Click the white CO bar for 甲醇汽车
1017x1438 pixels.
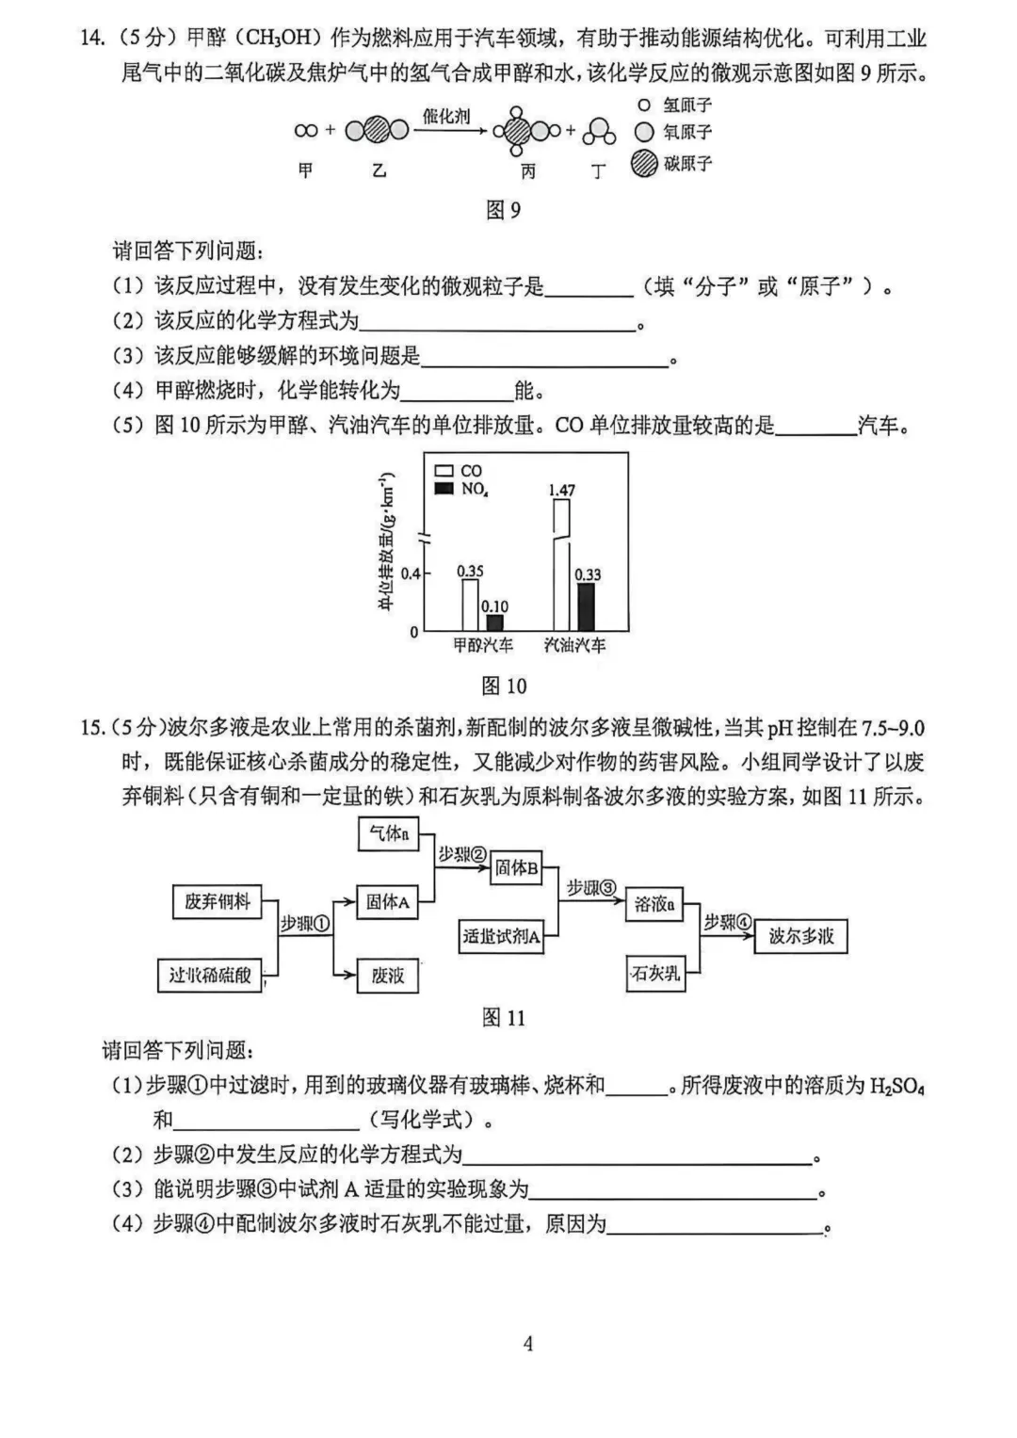point(469,605)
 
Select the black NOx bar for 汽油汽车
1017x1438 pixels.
point(586,606)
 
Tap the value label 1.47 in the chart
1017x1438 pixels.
point(561,490)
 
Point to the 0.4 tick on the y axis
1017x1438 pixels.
point(411,573)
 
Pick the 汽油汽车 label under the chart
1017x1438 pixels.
point(574,645)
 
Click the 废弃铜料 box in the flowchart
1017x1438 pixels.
point(218,901)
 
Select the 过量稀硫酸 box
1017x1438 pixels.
point(210,975)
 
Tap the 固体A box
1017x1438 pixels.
point(388,902)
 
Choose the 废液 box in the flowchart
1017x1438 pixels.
point(388,975)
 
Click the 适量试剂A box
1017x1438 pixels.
point(502,936)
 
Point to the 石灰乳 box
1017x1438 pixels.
point(655,973)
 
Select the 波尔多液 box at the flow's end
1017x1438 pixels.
point(801,936)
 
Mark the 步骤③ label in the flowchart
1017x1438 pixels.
point(590,888)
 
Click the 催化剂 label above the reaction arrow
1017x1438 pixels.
point(446,116)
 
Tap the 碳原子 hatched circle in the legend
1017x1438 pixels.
point(644,164)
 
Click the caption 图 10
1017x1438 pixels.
point(504,686)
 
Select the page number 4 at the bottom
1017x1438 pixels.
point(528,1343)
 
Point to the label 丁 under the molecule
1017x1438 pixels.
point(599,171)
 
